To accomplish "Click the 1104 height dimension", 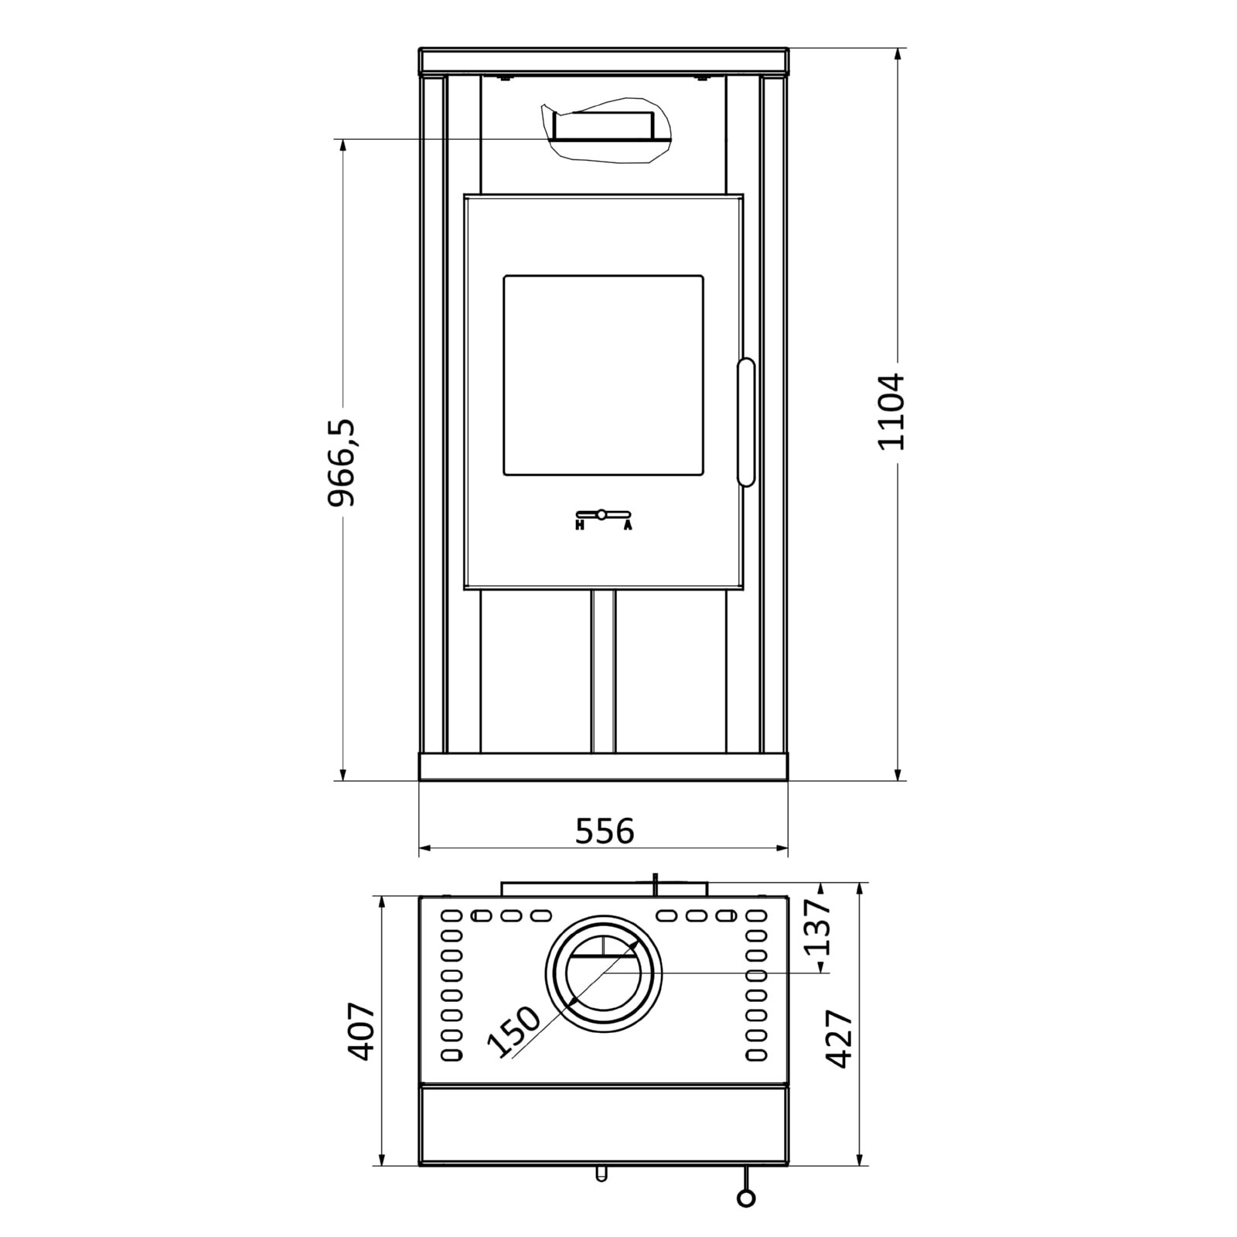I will pos(891,411).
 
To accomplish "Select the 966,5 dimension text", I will pos(341,462).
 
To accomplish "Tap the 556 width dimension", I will pos(605,831).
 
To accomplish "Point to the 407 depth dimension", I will pos(361,1032).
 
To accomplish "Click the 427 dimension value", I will pos(840,1038).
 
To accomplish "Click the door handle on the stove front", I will pos(745,422).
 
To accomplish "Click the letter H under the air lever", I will pos(579,526).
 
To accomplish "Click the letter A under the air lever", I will pos(628,526).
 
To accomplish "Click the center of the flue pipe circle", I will pos(603,973).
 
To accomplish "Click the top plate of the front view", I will pos(603,62).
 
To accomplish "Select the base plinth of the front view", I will pos(603,767).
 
